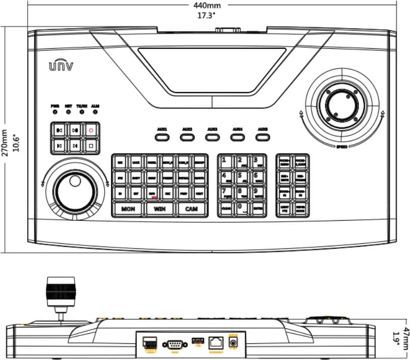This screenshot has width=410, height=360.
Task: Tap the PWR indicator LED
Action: [55, 112]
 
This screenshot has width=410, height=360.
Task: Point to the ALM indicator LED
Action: [95, 112]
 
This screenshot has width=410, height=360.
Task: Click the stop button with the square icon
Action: [91, 146]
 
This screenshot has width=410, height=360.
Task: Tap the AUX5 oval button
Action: [262, 135]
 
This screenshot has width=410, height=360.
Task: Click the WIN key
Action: [159, 209]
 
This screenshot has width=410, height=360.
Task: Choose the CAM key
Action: [191, 209]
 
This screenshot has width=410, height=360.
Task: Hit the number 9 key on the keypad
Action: [258, 193]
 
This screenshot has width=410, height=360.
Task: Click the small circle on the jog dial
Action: [74, 181]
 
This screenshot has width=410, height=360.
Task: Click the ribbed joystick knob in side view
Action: [61, 292]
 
